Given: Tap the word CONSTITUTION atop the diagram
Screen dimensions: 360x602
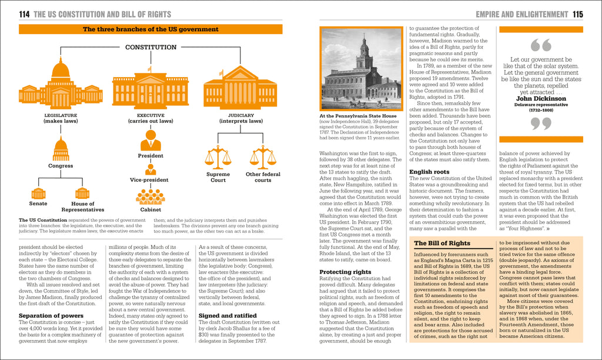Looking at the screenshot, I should (150, 47).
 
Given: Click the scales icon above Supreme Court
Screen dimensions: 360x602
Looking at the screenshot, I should (218, 157).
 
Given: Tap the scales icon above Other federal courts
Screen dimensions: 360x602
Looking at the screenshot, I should (263, 157).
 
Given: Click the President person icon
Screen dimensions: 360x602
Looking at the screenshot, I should (150, 140).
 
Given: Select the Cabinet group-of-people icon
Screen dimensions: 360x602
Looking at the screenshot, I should (150, 196).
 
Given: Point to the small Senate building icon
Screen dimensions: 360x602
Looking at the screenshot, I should (38, 193).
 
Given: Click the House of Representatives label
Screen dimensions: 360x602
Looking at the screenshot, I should (83, 206).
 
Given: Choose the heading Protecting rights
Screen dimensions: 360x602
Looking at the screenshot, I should (345, 272).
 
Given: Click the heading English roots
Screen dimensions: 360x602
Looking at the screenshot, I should (430, 172).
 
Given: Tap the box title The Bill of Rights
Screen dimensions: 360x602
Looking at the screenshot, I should (443, 243).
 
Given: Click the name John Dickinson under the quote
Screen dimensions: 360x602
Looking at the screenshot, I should (541, 99).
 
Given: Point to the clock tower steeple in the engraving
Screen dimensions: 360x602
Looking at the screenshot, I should (364, 47).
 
